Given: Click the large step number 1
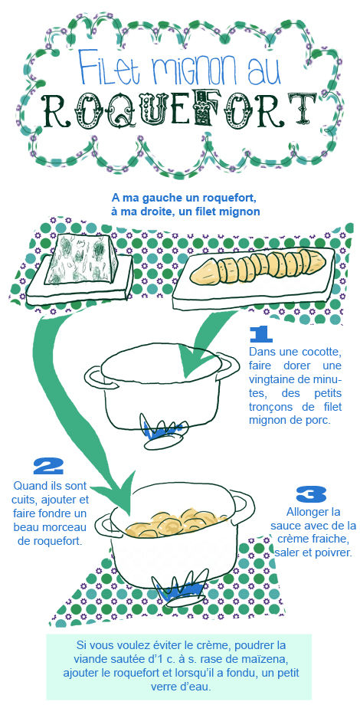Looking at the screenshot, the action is pyautogui.click(x=260, y=335).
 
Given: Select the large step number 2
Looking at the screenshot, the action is pyautogui.click(x=48, y=467).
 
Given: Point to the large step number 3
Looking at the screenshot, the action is pyautogui.click(x=311, y=494).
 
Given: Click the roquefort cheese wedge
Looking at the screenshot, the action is pyautogui.click(x=82, y=259).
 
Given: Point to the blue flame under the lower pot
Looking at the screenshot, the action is pyautogui.click(x=179, y=585).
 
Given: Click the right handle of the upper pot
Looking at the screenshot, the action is pyautogui.click(x=230, y=366).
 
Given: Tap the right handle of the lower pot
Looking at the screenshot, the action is pyautogui.click(x=245, y=504).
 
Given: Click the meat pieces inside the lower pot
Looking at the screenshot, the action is pyautogui.click(x=175, y=523).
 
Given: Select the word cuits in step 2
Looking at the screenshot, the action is pyautogui.click(x=24, y=500).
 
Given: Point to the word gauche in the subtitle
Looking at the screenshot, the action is pyautogui.click(x=155, y=198).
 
